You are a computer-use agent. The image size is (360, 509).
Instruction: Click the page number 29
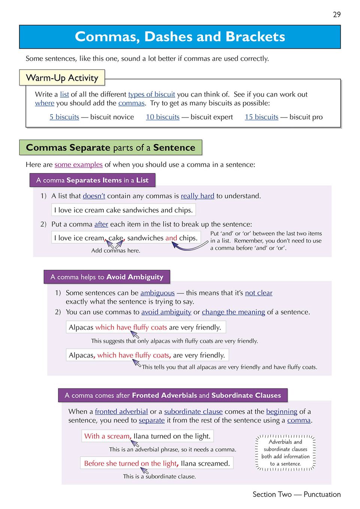click(337, 15)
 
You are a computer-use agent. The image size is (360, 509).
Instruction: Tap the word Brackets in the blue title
click(255, 37)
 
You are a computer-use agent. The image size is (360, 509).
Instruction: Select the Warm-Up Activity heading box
click(62, 78)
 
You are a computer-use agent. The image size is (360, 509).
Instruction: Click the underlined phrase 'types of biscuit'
click(151, 94)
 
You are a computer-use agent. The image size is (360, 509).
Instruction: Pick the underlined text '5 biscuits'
click(64, 117)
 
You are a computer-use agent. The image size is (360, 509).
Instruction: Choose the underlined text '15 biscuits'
click(261, 117)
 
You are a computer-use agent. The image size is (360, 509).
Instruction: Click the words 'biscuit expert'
click(212, 117)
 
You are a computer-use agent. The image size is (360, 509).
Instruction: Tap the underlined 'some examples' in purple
click(78, 165)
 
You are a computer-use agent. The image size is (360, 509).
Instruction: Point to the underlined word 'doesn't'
click(94, 196)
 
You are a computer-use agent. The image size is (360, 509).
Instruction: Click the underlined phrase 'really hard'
click(197, 196)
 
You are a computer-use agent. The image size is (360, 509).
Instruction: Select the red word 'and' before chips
click(171, 238)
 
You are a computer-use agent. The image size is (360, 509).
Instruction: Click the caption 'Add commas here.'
click(116, 251)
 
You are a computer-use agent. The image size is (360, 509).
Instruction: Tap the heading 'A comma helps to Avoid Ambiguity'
click(107, 277)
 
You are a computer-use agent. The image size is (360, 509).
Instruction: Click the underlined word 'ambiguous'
click(157, 293)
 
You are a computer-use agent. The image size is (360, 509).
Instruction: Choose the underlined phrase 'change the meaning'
click(233, 312)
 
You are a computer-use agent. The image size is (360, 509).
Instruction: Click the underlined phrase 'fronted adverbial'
click(121, 412)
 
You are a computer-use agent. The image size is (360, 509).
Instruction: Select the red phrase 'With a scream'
click(107, 436)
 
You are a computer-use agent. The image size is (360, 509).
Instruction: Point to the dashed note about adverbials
click(285, 453)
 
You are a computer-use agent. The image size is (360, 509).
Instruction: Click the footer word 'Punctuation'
click(322, 494)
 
